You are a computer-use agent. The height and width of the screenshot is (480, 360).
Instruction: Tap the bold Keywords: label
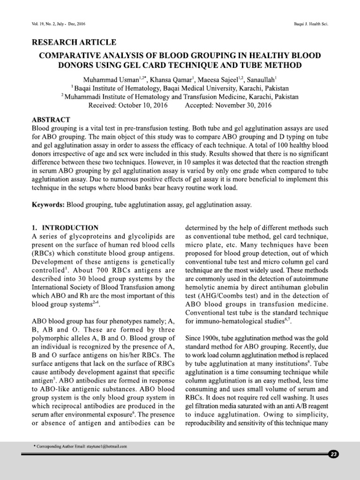(48, 205)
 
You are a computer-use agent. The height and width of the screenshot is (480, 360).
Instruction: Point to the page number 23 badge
(334, 454)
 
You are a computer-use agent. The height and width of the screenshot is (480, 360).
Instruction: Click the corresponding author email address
(105, 447)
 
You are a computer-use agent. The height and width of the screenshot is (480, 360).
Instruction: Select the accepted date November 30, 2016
(243, 105)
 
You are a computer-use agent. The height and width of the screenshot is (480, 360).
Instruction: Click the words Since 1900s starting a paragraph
(202, 338)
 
